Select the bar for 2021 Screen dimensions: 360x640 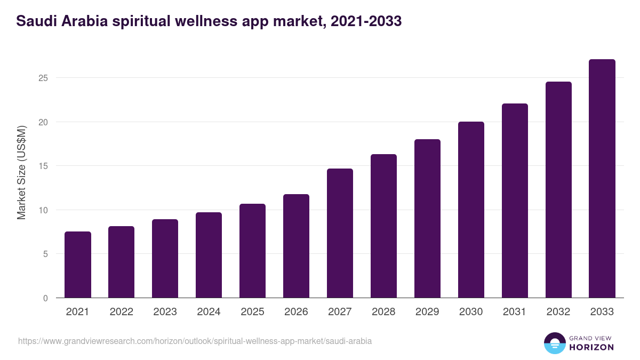(78, 265)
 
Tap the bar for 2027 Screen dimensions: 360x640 (340, 233)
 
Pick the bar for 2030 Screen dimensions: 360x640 (471, 210)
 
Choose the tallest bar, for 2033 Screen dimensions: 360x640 (602, 179)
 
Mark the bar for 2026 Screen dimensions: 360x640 (297, 246)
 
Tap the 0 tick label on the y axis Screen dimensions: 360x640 (45, 298)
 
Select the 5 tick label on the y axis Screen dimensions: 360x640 (45, 254)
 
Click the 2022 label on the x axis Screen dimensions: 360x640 (122, 312)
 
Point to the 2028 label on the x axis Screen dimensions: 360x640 (384, 312)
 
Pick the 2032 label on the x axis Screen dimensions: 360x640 (558, 312)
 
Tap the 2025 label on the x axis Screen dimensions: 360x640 (253, 312)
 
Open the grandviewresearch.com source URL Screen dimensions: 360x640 (195, 341)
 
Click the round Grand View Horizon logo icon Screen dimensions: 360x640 (554, 343)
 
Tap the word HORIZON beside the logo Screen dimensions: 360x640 (591, 347)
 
